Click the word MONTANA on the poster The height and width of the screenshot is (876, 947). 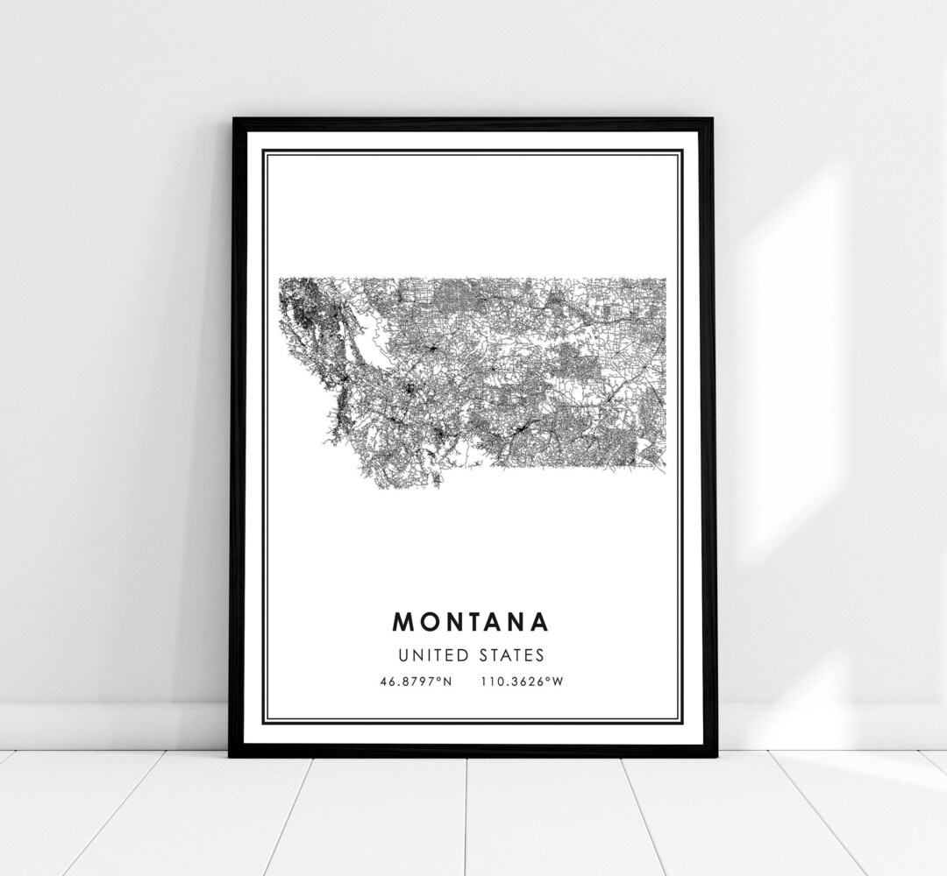pyautogui.click(x=471, y=622)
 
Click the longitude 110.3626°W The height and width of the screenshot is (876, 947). pyautogui.click(x=521, y=682)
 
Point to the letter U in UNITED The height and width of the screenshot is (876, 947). pyautogui.click(x=402, y=655)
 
